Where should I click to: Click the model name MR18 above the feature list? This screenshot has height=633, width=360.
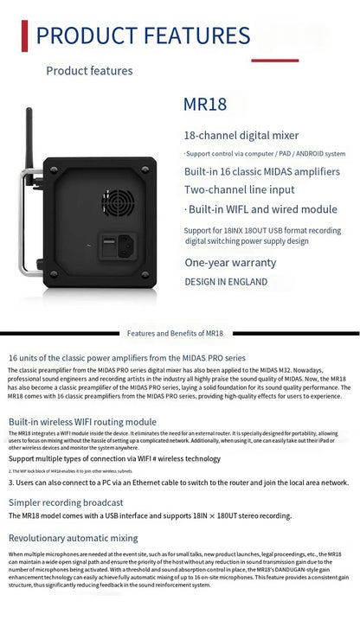(x=205, y=105)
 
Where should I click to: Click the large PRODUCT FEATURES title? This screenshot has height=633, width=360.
(x=143, y=35)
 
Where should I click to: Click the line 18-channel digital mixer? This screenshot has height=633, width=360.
(x=241, y=135)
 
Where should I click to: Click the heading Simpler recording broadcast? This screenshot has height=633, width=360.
(x=66, y=502)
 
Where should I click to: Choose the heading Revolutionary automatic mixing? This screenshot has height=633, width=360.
(x=74, y=537)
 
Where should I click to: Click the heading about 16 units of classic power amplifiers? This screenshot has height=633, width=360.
(x=114, y=356)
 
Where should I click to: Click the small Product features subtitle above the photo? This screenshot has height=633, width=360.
(x=89, y=71)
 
